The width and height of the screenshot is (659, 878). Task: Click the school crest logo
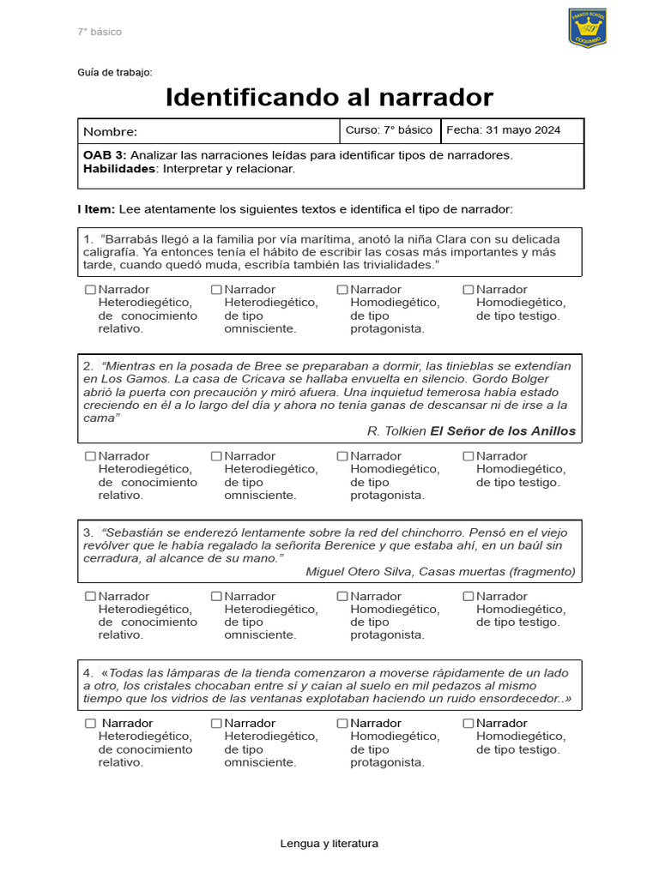[587, 27]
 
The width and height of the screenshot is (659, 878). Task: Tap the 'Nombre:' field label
[110, 132]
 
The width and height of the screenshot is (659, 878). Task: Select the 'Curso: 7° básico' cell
[389, 130]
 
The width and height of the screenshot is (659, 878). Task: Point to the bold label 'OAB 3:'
[105, 155]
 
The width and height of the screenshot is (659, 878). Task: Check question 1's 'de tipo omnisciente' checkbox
[216, 290]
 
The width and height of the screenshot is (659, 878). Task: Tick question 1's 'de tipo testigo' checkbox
[468, 290]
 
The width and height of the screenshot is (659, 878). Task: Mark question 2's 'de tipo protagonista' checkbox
[342, 456]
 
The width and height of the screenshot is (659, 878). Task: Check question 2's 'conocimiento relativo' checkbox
[90, 456]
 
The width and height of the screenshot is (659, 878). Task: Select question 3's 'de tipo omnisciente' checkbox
[216, 596]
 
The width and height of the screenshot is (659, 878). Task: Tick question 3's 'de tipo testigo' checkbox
[468, 596]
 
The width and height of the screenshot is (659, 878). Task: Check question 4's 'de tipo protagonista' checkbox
[342, 724]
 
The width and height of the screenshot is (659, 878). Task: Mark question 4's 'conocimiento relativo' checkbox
[90, 724]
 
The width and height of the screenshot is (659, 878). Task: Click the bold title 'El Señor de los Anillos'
[503, 430]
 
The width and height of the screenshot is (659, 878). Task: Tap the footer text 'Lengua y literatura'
[329, 844]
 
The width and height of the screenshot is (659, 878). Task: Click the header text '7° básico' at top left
[100, 32]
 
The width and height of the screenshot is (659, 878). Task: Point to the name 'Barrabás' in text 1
[133, 239]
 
